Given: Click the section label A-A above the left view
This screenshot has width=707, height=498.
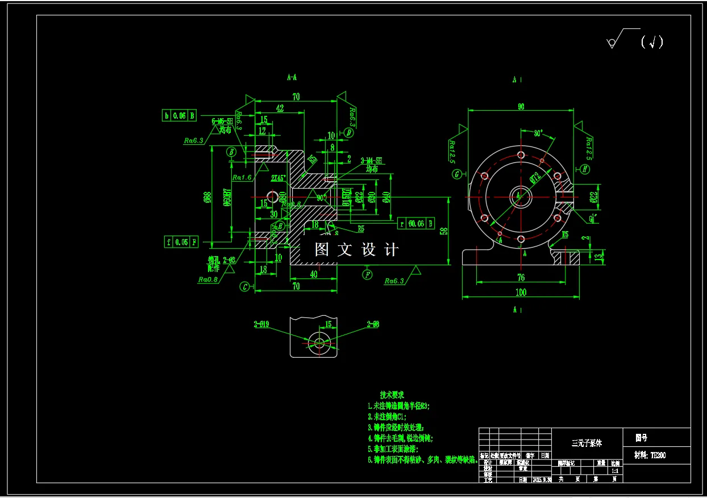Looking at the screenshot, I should point(292,77).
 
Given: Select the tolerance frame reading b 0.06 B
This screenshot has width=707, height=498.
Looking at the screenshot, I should point(179,115).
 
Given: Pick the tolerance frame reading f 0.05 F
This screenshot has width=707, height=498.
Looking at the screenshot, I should point(181,242).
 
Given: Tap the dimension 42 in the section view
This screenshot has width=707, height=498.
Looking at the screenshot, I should point(280,108).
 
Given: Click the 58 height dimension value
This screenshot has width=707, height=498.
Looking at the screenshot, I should point(443,231).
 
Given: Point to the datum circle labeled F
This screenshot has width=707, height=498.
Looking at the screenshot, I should point(368,275).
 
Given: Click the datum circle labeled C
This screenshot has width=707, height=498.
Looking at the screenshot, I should point(244,287).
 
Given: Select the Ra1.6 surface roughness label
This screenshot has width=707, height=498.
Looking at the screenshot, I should point(242,177).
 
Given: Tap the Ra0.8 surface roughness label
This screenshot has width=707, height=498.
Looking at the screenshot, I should point(208,279).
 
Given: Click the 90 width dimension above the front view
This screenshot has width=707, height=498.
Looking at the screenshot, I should point(520,106).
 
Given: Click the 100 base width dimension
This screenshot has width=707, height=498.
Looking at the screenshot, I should point(521,292).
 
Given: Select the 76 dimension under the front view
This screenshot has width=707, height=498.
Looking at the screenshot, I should point(521,278).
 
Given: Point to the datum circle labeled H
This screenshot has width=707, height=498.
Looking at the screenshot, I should point(585,169).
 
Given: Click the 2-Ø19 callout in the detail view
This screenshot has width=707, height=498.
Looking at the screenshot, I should point(261,325).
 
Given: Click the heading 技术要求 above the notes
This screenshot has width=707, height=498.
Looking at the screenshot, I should point(392,395).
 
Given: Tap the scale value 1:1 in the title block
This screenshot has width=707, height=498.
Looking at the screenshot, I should point(615,471).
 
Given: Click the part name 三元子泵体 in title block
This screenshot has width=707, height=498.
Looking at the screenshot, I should point(587,443).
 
